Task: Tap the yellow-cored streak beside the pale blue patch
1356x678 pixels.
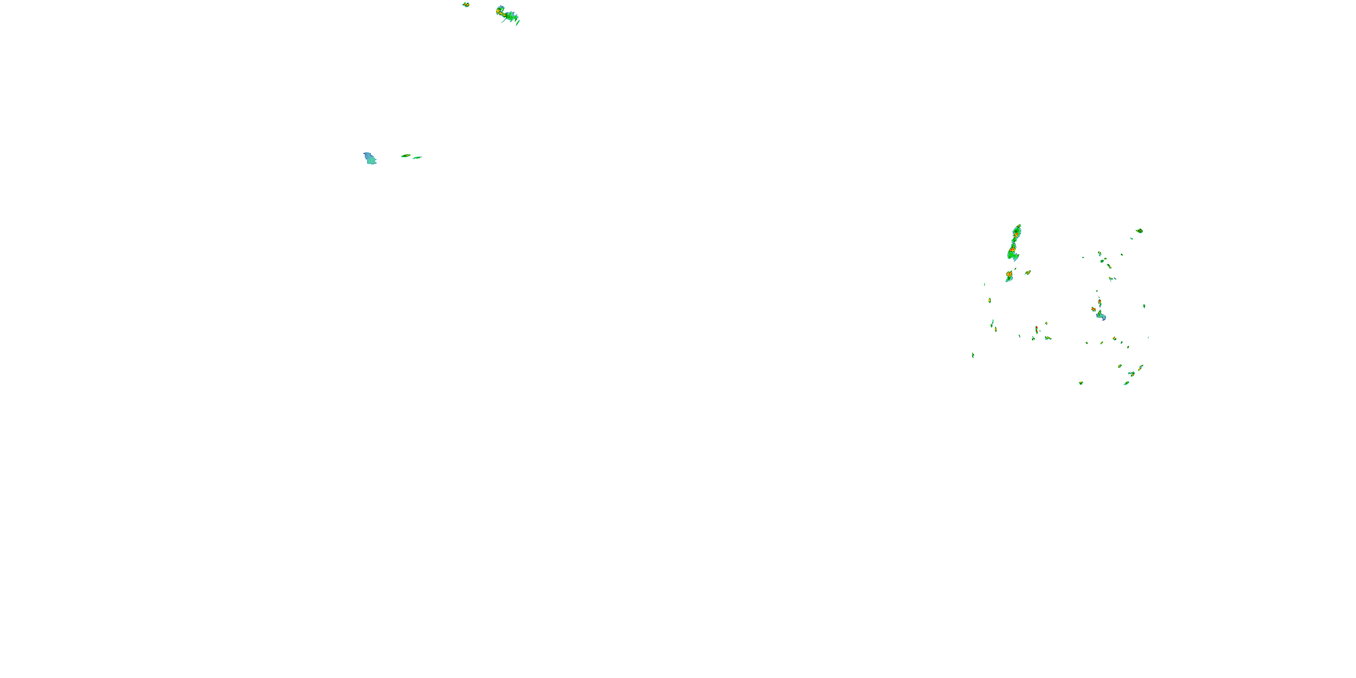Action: click(405, 156)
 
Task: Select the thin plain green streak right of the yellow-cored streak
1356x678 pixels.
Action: click(417, 157)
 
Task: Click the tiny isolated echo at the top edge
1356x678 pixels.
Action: click(466, 5)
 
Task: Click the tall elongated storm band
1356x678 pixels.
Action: click(1014, 244)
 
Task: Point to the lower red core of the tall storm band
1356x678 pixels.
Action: click(1012, 250)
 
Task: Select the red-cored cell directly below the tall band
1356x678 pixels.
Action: click(1009, 275)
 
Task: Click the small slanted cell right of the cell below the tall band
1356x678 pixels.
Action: click(1027, 273)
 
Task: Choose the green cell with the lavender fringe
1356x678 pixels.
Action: click(1101, 316)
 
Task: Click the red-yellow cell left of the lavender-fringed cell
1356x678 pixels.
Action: click(1093, 309)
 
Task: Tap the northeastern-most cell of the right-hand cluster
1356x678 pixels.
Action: click(1139, 231)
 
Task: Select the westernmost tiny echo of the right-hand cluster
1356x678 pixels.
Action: click(973, 355)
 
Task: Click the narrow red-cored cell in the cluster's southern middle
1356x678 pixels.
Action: click(1036, 329)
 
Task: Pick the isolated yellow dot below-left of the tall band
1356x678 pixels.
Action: click(989, 301)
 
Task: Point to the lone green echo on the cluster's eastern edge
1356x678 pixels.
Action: click(1144, 306)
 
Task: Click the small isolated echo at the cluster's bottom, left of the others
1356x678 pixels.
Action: click(1081, 383)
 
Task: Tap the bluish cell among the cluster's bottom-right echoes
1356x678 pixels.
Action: click(1131, 374)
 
